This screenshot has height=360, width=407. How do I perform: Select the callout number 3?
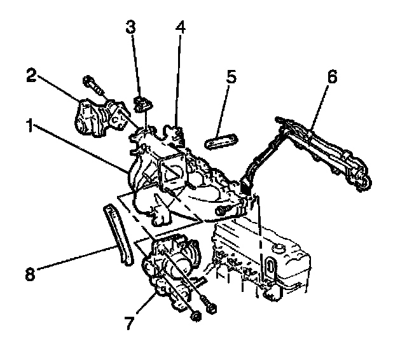coord(130,28)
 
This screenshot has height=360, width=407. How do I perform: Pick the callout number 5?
coord(230,78)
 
